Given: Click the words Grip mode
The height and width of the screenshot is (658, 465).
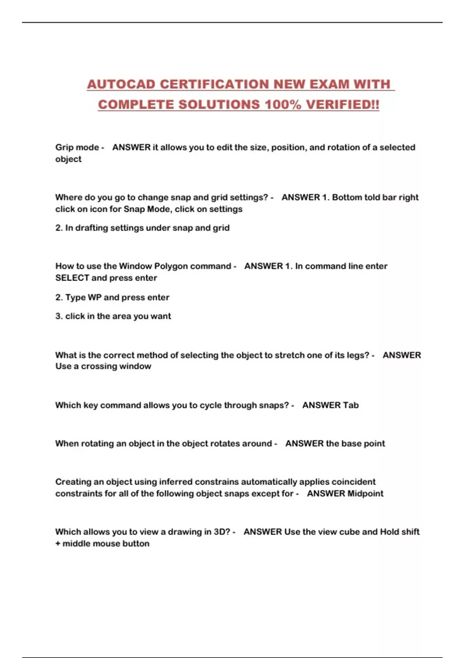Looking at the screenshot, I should [x=77, y=147].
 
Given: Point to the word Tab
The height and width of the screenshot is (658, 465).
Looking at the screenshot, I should [x=351, y=405].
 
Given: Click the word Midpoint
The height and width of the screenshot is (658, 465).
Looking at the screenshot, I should [x=365, y=494].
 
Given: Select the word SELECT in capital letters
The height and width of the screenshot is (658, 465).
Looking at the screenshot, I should [x=72, y=278].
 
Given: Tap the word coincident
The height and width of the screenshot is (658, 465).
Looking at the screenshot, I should [x=353, y=482].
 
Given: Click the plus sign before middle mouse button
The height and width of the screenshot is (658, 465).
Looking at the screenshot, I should [x=58, y=544].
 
